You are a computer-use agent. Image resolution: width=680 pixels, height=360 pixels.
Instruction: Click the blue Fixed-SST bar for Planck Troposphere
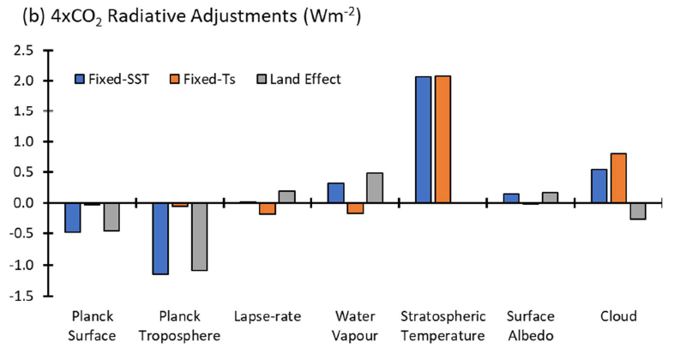[160, 238]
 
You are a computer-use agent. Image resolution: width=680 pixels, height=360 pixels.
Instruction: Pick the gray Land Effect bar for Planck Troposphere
[199, 237]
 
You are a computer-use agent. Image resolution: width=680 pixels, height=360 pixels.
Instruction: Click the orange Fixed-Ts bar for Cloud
[617, 178]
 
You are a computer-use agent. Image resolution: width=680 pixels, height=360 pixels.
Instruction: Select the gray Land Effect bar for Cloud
[637, 211]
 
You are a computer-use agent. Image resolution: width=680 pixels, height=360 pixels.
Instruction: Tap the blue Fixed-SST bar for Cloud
[599, 186]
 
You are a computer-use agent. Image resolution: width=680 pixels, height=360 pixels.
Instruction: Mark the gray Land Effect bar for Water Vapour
[375, 188]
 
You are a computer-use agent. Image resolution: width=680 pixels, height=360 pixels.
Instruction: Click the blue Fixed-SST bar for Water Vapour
[336, 193]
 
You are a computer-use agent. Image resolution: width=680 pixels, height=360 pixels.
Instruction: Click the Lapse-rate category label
[267, 317]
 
